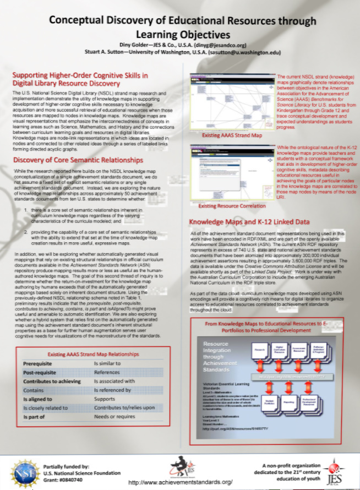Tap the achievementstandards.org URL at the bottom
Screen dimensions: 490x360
[180, 482]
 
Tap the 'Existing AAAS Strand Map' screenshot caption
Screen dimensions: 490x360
[231, 135]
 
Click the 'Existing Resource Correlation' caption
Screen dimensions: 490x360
[232, 206]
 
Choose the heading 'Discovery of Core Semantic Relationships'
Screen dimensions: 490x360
[78, 160]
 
